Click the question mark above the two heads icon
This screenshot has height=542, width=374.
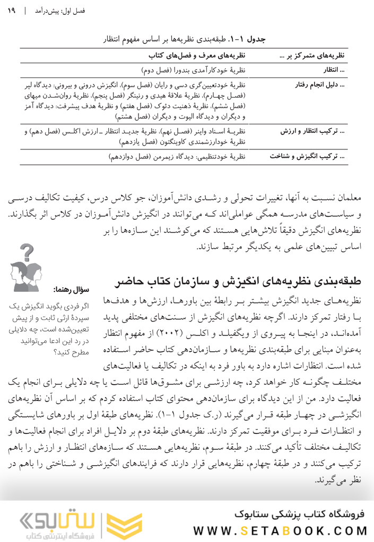(30, 250)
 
